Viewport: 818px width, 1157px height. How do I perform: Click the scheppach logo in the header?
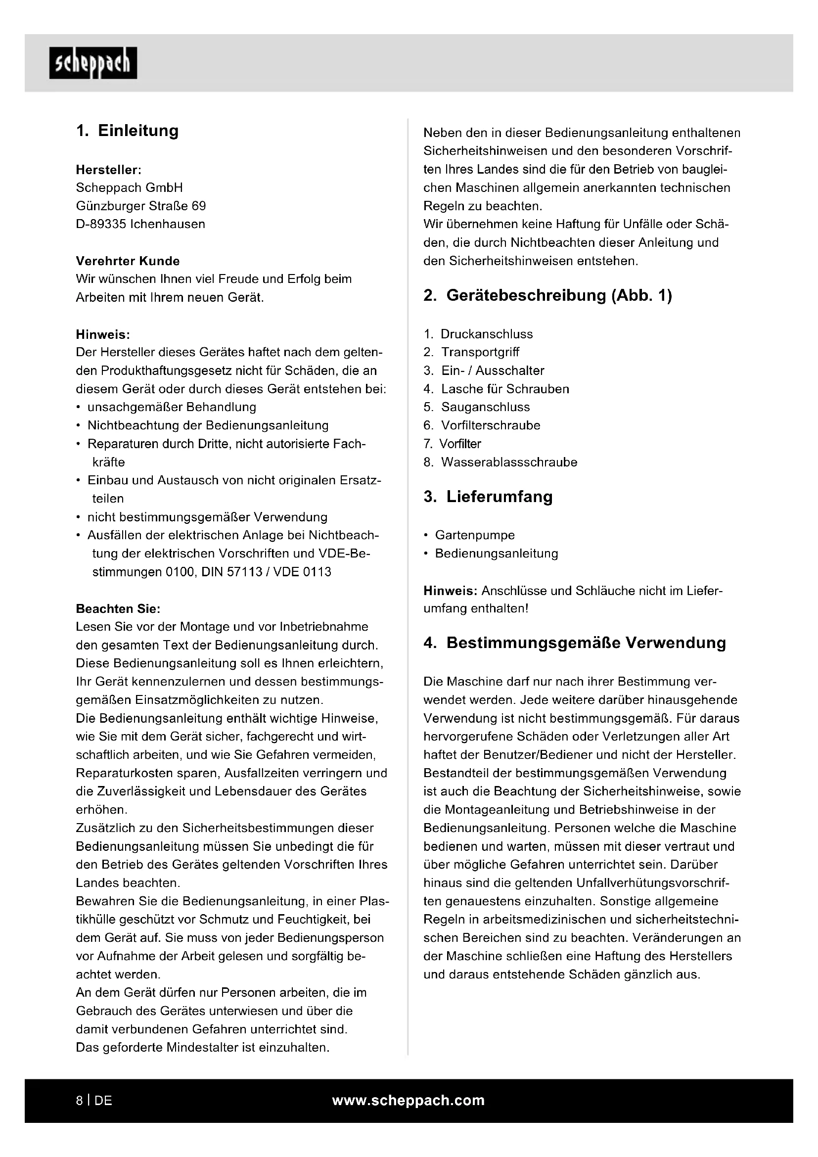[92, 63]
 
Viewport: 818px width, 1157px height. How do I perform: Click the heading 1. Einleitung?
[127, 131]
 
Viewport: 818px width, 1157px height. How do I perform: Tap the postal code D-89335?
[101, 224]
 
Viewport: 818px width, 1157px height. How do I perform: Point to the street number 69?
[198, 206]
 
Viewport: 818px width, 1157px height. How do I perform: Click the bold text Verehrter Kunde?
[128, 261]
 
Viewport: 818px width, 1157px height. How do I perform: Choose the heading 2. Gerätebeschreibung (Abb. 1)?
[547, 295]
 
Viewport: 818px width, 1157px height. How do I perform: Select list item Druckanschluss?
[486, 334]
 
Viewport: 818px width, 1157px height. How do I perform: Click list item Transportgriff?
[480, 352]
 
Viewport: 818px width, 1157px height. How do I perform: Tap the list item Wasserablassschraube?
[509, 462]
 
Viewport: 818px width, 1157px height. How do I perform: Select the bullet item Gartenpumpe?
[474, 535]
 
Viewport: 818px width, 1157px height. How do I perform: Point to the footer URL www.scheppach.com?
[408, 1100]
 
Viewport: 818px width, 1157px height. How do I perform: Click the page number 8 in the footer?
[80, 1101]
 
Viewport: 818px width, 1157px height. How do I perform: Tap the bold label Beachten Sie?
[118, 609]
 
